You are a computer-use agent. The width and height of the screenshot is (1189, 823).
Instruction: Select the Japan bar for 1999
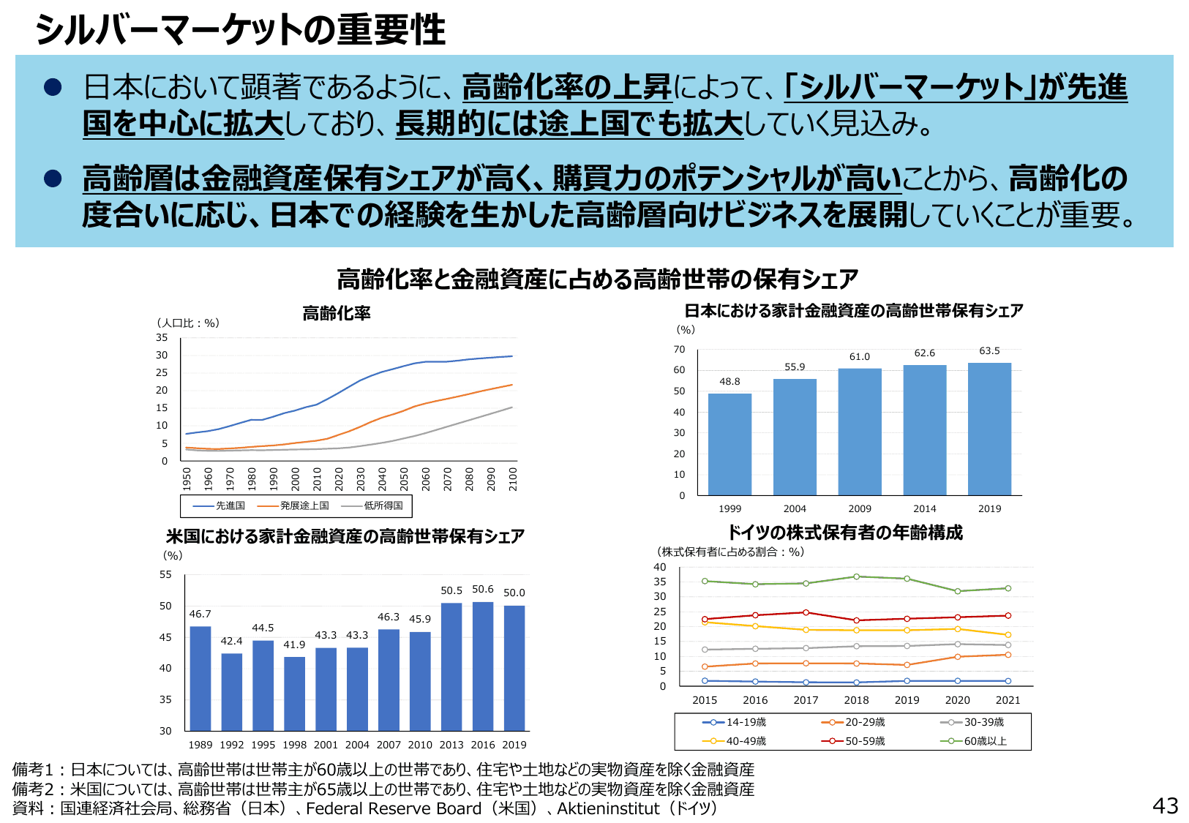(x=729, y=445)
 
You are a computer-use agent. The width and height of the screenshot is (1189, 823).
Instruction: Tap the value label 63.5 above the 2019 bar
(x=989, y=351)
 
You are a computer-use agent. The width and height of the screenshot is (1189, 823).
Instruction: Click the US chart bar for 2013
(x=451, y=666)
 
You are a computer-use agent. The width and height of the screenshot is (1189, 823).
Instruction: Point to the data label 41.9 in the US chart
(x=294, y=645)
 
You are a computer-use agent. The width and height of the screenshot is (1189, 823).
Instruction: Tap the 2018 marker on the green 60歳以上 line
(x=856, y=576)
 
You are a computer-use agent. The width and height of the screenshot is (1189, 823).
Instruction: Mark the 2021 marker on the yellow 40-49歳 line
(x=1008, y=635)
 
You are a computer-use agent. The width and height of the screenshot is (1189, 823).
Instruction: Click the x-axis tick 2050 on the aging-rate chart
(x=404, y=479)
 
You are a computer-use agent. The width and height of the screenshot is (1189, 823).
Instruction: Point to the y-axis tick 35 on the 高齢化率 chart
(x=162, y=337)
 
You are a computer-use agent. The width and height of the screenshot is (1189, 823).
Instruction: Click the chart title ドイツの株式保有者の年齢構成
(x=844, y=533)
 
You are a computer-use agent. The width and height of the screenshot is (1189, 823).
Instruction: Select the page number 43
(x=1165, y=805)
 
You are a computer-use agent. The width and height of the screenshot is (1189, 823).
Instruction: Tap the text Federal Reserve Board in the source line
(x=394, y=808)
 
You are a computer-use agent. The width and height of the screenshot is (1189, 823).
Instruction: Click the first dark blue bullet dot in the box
(x=53, y=88)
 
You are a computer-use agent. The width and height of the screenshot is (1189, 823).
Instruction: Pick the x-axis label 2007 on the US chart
(x=389, y=745)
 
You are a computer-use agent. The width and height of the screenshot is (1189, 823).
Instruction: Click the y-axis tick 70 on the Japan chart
(x=680, y=349)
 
